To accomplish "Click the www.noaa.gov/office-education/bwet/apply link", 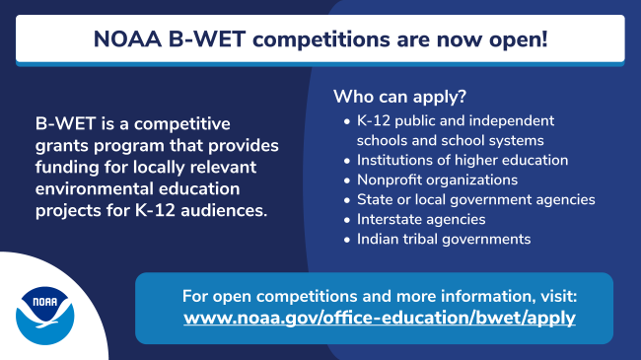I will coord(380,319).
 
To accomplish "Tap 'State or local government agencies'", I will coord(475,199).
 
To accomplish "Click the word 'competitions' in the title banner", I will coord(280,40).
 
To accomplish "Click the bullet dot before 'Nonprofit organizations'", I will coord(346,180).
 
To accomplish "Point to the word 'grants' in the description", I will coord(61,145).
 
